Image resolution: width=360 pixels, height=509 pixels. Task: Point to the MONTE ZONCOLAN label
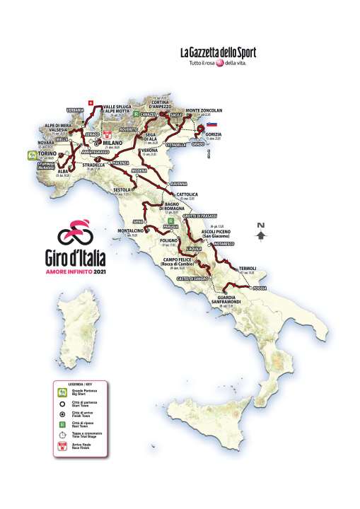(x=204, y=111)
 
